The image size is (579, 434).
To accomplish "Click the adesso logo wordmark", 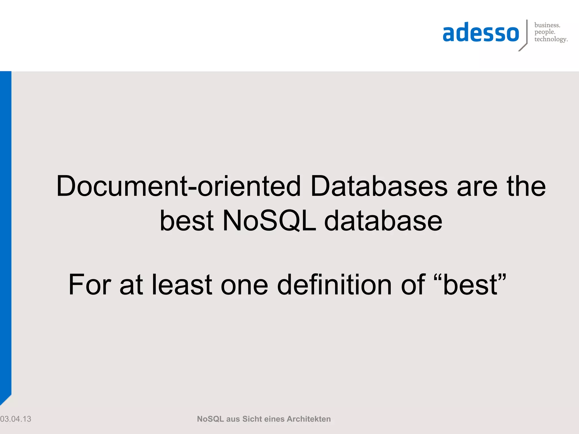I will click(481, 33).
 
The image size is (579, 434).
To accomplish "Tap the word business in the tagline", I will click(547, 25).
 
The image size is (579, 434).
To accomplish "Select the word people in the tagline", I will click(545, 32).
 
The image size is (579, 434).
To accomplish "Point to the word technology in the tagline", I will click(550, 39).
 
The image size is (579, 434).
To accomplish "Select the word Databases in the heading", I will click(379, 186).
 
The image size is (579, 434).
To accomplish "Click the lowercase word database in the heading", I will click(383, 221).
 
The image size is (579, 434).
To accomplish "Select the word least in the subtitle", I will click(182, 285).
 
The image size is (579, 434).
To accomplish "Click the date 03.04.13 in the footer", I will click(16, 419).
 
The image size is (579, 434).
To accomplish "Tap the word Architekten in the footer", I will click(308, 419).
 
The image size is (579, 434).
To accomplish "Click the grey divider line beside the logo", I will click(527, 32).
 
